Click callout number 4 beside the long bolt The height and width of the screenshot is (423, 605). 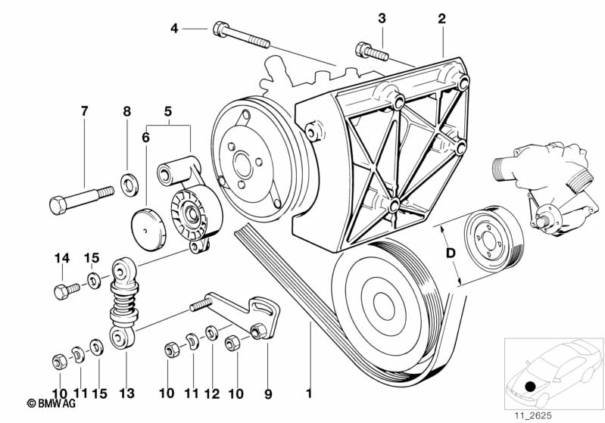pos(174,29)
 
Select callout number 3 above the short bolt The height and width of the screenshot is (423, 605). pos(382,17)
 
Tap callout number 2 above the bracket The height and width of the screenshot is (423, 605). pos(441,17)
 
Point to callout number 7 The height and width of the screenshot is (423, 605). pos(84,111)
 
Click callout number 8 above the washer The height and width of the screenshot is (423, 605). pos(127,111)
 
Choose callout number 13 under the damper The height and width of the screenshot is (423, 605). pos(126,393)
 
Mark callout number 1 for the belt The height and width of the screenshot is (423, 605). pos(308,393)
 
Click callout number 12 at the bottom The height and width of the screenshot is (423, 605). pos(212,393)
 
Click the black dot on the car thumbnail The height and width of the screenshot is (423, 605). pos(530,387)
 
